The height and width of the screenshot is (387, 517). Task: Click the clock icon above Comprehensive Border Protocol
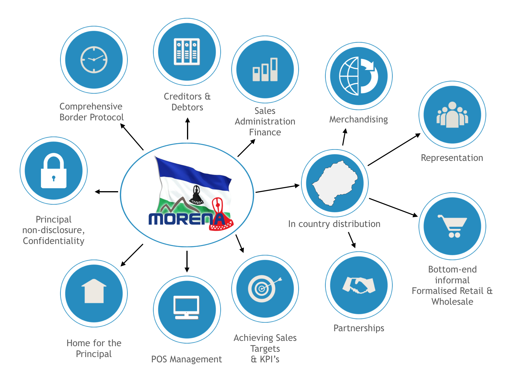(94, 60)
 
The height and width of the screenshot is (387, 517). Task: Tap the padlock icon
(54, 171)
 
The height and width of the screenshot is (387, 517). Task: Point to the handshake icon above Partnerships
(359, 285)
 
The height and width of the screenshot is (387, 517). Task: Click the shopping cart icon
(453, 226)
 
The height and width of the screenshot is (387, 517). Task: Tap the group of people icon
(452, 115)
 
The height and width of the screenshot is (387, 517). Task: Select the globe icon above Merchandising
(358, 76)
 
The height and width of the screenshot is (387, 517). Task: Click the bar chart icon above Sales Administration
(265, 70)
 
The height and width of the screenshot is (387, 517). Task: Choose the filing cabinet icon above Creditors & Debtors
(187, 52)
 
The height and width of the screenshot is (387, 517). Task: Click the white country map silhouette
(335, 183)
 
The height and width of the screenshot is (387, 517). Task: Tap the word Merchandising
(358, 119)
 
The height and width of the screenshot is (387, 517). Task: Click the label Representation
(452, 158)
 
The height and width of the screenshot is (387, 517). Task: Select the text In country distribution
(334, 224)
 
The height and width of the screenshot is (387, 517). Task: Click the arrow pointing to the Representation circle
(394, 149)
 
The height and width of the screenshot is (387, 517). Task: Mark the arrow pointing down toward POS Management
(187, 261)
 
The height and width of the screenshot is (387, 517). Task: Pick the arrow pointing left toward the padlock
(106, 192)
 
